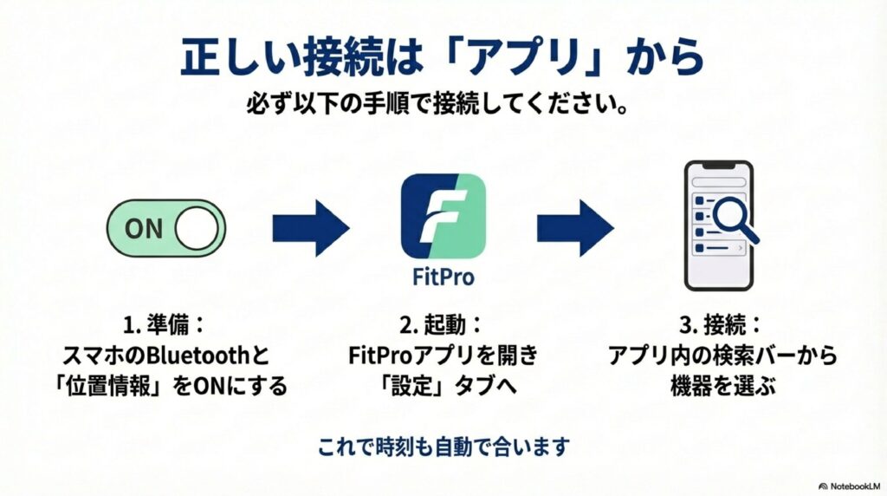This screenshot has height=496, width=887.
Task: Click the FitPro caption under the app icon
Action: [x=443, y=278]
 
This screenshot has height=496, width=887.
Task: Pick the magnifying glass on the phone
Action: [x=735, y=217]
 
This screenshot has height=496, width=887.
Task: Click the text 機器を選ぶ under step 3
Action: [x=720, y=385]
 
